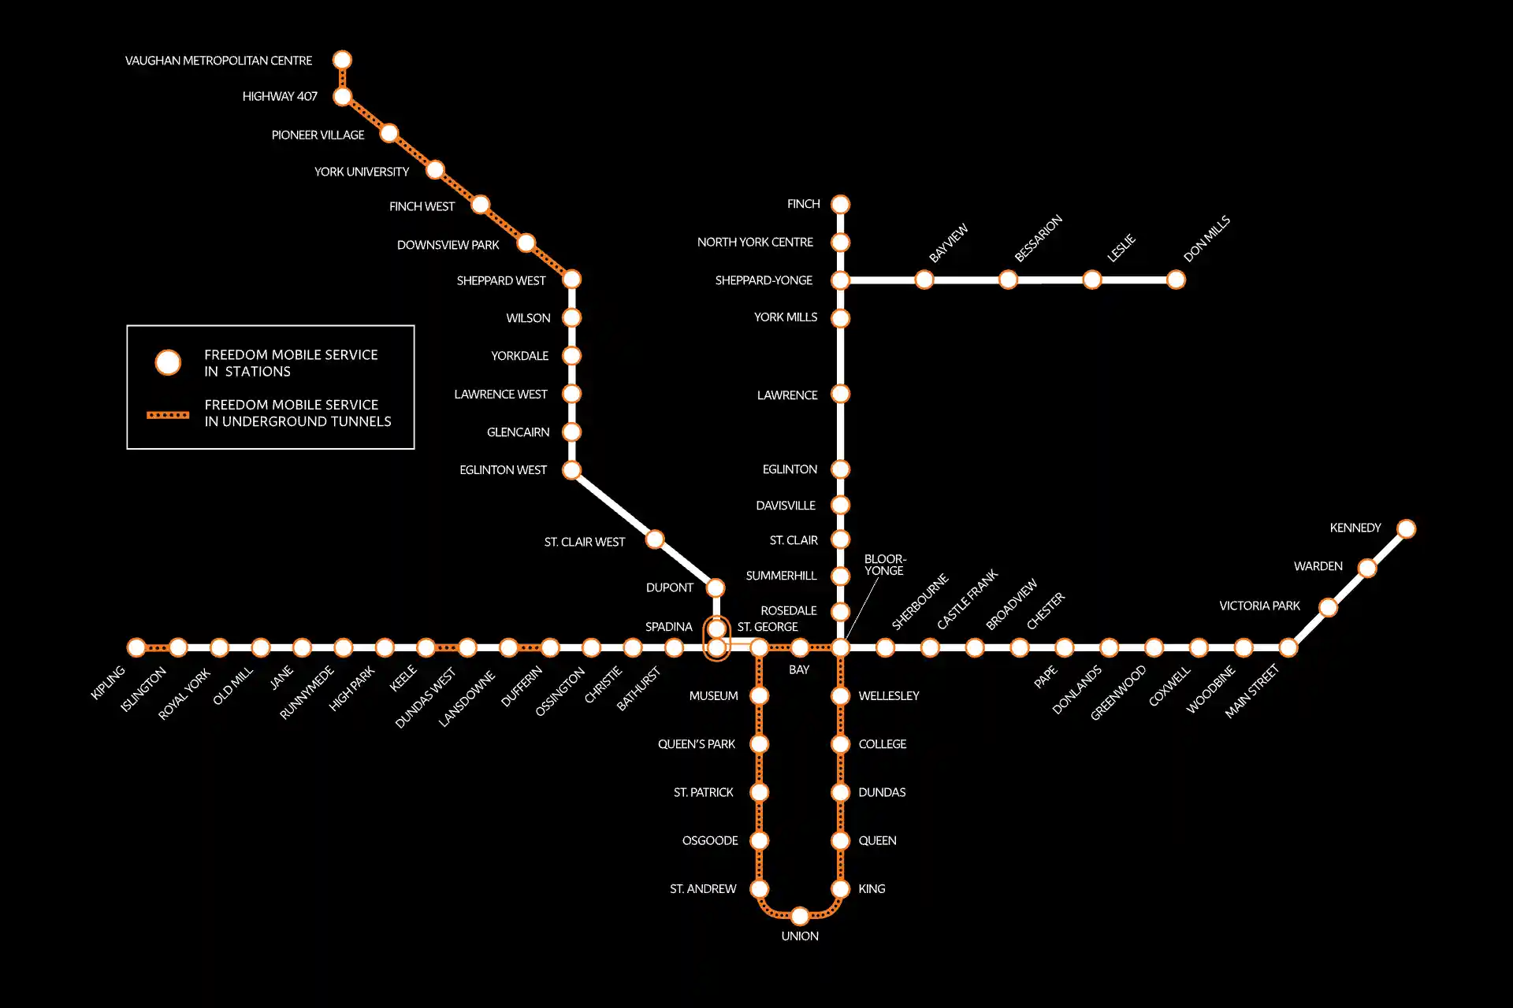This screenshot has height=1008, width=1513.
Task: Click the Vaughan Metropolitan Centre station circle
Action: pyautogui.click(x=342, y=60)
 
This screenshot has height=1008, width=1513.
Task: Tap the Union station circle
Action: pyautogui.click(x=800, y=916)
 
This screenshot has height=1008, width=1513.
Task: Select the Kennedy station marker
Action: pyautogui.click(x=1406, y=528)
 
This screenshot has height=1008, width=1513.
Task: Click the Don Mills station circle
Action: pyautogui.click(x=1176, y=280)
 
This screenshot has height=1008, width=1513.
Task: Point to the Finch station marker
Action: pyautogui.click(x=841, y=204)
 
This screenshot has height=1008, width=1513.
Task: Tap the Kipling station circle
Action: pyautogui.click(x=136, y=647)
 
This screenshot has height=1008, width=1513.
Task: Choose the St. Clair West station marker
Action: pyautogui.click(x=655, y=539)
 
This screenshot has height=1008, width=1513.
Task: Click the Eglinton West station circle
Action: pyautogui.click(x=571, y=470)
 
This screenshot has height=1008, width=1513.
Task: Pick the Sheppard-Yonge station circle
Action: pyautogui.click(x=841, y=280)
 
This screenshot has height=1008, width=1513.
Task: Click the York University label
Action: pyautogui.click(x=362, y=172)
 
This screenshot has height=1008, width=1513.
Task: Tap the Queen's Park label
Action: pyautogui.click(x=697, y=744)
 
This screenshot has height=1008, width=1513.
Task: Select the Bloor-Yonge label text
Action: pyautogui.click(x=885, y=565)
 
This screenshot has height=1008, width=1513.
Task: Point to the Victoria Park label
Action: pyautogui.click(x=1259, y=606)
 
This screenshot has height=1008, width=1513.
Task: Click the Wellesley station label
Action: pyautogui.click(x=889, y=695)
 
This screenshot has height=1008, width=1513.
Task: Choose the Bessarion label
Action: pyautogui.click(x=1038, y=238)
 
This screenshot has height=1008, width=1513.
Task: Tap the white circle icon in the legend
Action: pyautogui.click(x=168, y=362)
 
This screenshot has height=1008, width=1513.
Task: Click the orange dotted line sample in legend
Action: pyautogui.click(x=168, y=414)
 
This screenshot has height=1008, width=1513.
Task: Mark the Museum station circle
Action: pyautogui.click(x=759, y=695)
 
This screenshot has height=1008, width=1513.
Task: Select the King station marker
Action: pyautogui.click(x=841, y=889)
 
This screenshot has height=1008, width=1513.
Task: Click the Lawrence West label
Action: pyautogui.click(x=500, y=394)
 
